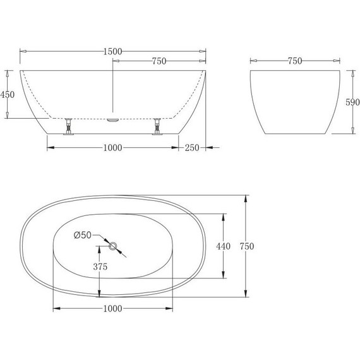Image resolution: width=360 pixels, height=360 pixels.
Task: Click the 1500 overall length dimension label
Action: coord(112,51)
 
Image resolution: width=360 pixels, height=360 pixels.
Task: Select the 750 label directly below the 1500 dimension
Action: coord(159,61)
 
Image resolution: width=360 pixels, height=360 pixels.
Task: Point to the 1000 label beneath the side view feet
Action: coord(111,148)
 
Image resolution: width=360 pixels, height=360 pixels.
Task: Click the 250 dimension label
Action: coord(192,148)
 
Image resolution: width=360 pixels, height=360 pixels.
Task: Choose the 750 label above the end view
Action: coord(294,61)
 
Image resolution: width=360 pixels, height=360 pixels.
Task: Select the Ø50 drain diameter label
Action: coord(83,235)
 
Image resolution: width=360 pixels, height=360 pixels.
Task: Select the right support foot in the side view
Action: coord(157,127)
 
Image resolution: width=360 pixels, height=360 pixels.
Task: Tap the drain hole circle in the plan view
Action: coord(114,246)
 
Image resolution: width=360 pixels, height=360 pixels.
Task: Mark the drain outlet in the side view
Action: coord(113,117)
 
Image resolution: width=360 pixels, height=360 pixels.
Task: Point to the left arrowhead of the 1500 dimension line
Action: coord(22,51)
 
